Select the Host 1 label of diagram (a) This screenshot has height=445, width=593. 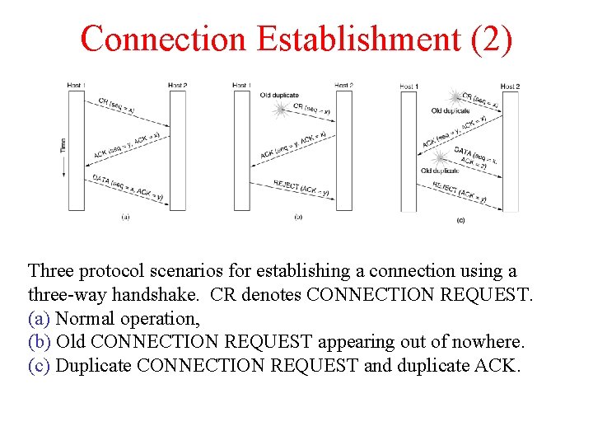[77, 85]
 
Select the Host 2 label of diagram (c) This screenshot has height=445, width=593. [510, 87]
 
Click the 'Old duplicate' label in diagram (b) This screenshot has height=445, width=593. [279, 96]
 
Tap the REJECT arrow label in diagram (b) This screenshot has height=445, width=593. [296, 189]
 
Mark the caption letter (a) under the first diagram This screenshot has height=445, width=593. [125, 218]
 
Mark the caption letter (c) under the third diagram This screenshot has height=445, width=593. [460, 220]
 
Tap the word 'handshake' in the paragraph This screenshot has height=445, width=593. [176, 294]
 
